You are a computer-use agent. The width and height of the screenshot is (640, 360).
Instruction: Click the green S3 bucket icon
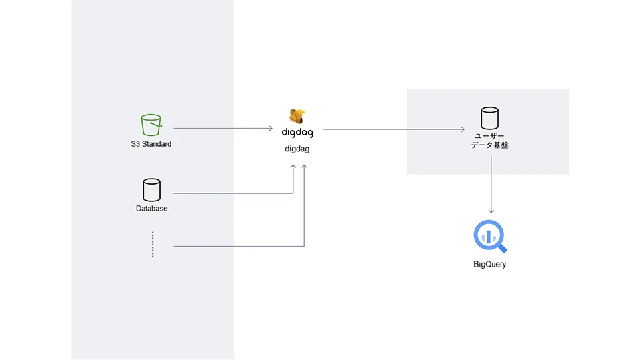click(x=151, y=125)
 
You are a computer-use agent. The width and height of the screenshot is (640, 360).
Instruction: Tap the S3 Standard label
click(x=151, y=144)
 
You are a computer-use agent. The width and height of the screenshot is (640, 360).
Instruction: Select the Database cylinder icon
click(x=151, y=190)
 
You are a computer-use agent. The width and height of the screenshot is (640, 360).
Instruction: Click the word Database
click(x=151, y=208)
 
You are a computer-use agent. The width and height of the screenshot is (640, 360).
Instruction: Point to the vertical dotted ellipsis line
click(x=153, y=245)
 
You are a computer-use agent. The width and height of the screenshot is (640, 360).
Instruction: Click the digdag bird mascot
click(x=297, y=116)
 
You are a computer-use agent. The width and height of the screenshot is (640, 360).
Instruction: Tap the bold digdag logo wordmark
click(x=297, y=133)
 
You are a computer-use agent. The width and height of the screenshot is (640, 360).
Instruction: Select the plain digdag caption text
click(x=297, y=149)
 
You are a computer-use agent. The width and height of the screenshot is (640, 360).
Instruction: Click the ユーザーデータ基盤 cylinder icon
click(x=489, y=118)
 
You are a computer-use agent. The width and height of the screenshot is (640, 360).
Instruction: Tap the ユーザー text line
click(x=489, y=136)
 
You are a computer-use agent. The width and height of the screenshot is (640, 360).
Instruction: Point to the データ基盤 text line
click(x=489, y=145)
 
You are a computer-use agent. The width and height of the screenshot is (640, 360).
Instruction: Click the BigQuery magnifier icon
click(x=490, y=236)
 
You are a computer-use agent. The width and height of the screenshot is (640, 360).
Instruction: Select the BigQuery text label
click(x=489, y=264)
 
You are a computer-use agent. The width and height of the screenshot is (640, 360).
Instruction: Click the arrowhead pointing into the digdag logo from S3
click(x=271, y=128)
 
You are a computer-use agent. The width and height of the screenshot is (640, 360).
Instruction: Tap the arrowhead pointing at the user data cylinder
click(x=463, y=129)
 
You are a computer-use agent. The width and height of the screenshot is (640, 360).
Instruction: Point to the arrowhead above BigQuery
click(x=491, y=211)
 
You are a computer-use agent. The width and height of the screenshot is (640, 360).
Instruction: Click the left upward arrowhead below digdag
click(x=293, y=167)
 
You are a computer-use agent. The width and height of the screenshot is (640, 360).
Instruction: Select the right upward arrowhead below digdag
click(x=304, y=167)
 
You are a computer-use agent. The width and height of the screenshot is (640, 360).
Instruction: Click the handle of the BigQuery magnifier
click(x=502, y=248)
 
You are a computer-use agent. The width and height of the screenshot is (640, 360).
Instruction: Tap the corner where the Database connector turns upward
click(x=293, y=193)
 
